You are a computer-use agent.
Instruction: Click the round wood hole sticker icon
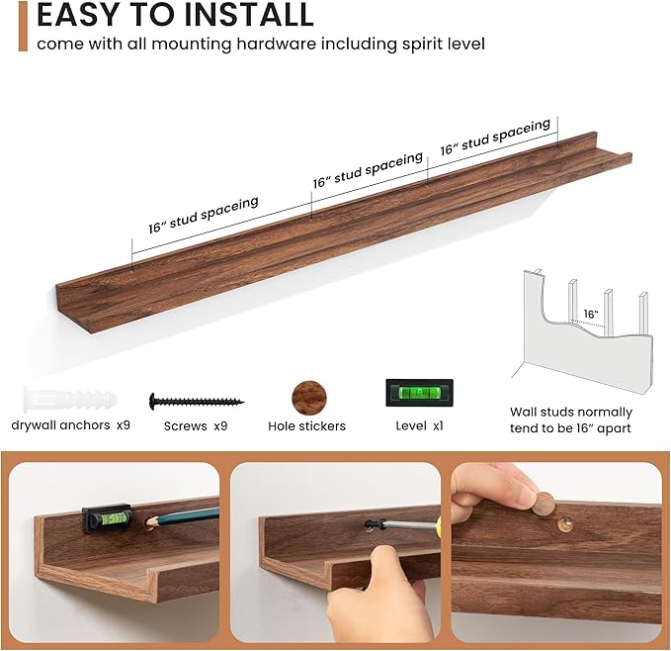coord(307,399)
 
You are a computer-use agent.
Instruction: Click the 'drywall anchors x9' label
coord(71,424)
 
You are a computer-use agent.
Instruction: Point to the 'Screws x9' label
coord(197,426)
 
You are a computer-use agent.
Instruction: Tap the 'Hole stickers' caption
coord(306,426)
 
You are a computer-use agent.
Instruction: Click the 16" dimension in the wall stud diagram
coord(590,315)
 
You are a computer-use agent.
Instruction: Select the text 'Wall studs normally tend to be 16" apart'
coord(571,419)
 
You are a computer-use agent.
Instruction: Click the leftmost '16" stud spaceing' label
coord(204,214)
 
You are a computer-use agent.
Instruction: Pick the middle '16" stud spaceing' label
coord(368,170)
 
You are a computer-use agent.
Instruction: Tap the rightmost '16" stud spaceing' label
coord(495,138)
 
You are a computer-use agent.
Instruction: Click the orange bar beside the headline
coord(22,26)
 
